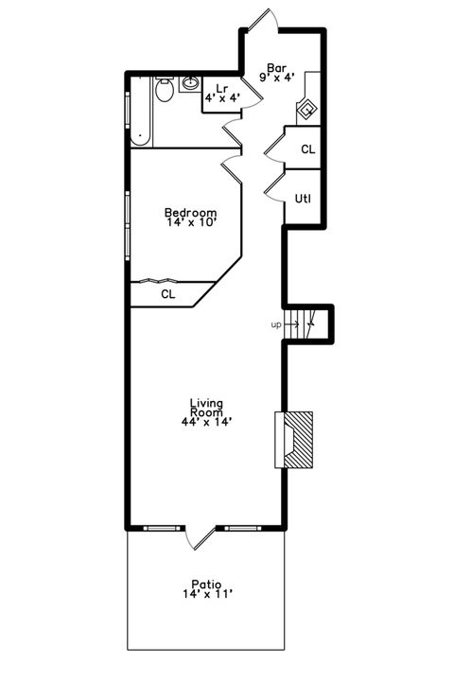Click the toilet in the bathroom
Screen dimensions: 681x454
pos(165,91)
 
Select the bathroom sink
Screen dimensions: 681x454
pos(189,82)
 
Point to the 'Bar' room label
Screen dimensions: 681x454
pos(276,68)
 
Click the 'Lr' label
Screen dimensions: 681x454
pos(222,88)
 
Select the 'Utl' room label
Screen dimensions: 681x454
pos(304,199)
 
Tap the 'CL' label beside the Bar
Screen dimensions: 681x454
pos(307,149)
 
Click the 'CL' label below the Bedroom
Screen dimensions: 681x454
pos(167,294)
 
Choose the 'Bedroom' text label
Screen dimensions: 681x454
pos(190,213)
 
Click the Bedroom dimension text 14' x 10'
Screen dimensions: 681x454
pos(191,224)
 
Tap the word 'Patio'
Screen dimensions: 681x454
pos(205,584)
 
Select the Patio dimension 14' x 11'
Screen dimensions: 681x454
pos(206,595)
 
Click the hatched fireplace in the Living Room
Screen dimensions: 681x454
pos(301,439)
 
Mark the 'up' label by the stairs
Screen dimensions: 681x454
pos(276,325)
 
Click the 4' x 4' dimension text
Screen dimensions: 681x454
pos(222,97)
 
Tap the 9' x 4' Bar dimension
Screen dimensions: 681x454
pos(276,79)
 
